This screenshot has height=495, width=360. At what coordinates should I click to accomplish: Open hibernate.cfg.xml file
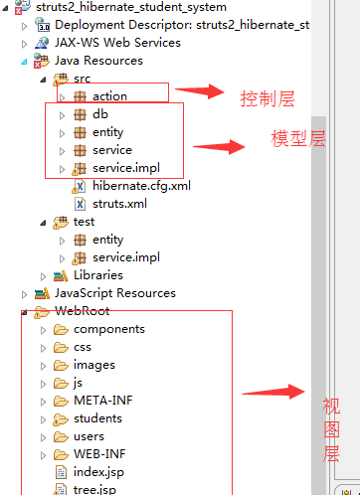(141, 186)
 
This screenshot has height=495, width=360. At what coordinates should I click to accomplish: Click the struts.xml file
(118, 203)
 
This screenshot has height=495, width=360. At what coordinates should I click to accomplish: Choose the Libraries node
(97, 274)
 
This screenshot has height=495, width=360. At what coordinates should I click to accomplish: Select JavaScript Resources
(114, 293)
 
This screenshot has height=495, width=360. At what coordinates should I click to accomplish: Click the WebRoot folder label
(82, 311)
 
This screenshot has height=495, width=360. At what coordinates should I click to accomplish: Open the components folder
(108, 329)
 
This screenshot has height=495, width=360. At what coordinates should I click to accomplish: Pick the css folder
(82, 347)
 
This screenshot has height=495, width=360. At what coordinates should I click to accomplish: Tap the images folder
(93, 365)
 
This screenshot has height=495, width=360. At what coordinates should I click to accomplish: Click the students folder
(97, 418)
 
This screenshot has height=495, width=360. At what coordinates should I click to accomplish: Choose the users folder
(89, 436)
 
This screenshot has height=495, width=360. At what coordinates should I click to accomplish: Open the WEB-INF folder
(98, 454)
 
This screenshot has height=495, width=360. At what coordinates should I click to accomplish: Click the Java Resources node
(98, 61)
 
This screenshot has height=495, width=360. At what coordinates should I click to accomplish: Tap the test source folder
(84, 222)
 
